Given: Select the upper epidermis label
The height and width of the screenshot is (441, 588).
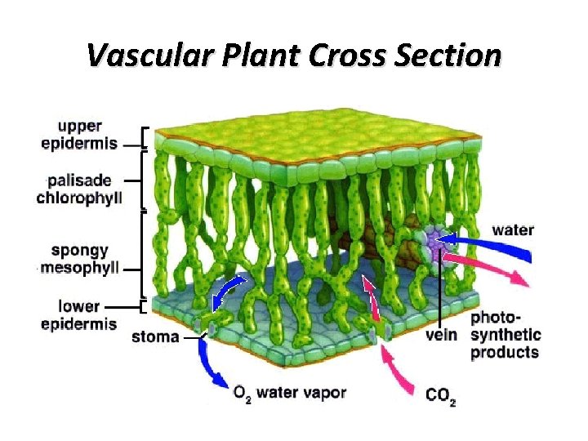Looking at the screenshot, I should (x=79, y=136).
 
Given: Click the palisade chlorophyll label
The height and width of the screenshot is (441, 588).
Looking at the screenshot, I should (x=79, y=189).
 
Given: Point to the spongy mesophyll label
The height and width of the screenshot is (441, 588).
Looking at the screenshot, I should (x=79, y=259).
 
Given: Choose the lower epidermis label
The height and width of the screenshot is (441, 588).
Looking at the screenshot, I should (x=79, y=315).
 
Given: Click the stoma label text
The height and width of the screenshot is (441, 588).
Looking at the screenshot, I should (x=155, y=336).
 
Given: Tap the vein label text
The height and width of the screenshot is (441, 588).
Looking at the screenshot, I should (x=442, y=334).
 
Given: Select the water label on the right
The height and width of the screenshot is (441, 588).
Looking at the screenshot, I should (x=512, y=229).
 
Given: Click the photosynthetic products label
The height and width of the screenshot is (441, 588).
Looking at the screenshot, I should (x=506, y=335).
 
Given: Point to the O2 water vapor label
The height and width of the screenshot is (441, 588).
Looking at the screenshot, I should (x=289, y=393).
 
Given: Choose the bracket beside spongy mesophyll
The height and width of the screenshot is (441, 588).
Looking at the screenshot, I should (x=144, y=253).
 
